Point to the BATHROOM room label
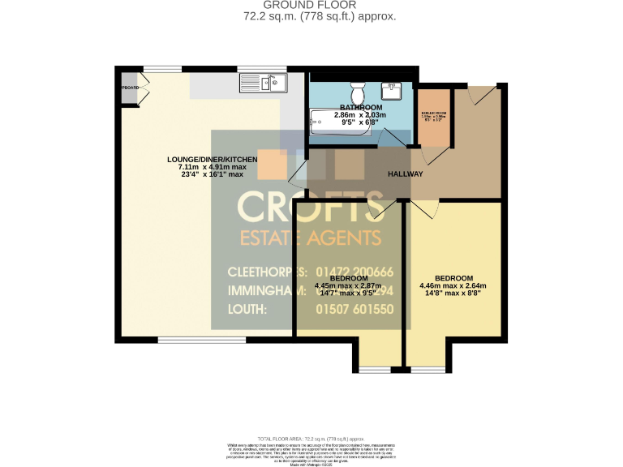tap(361, 107)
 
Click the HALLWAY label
tap(406, 174)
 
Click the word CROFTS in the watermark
tap(310, 208)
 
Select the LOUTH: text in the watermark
tap(247, 309)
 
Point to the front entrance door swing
tap(483, 93)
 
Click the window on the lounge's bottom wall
tap(186, 339)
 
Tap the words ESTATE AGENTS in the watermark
tap(309, 238)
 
